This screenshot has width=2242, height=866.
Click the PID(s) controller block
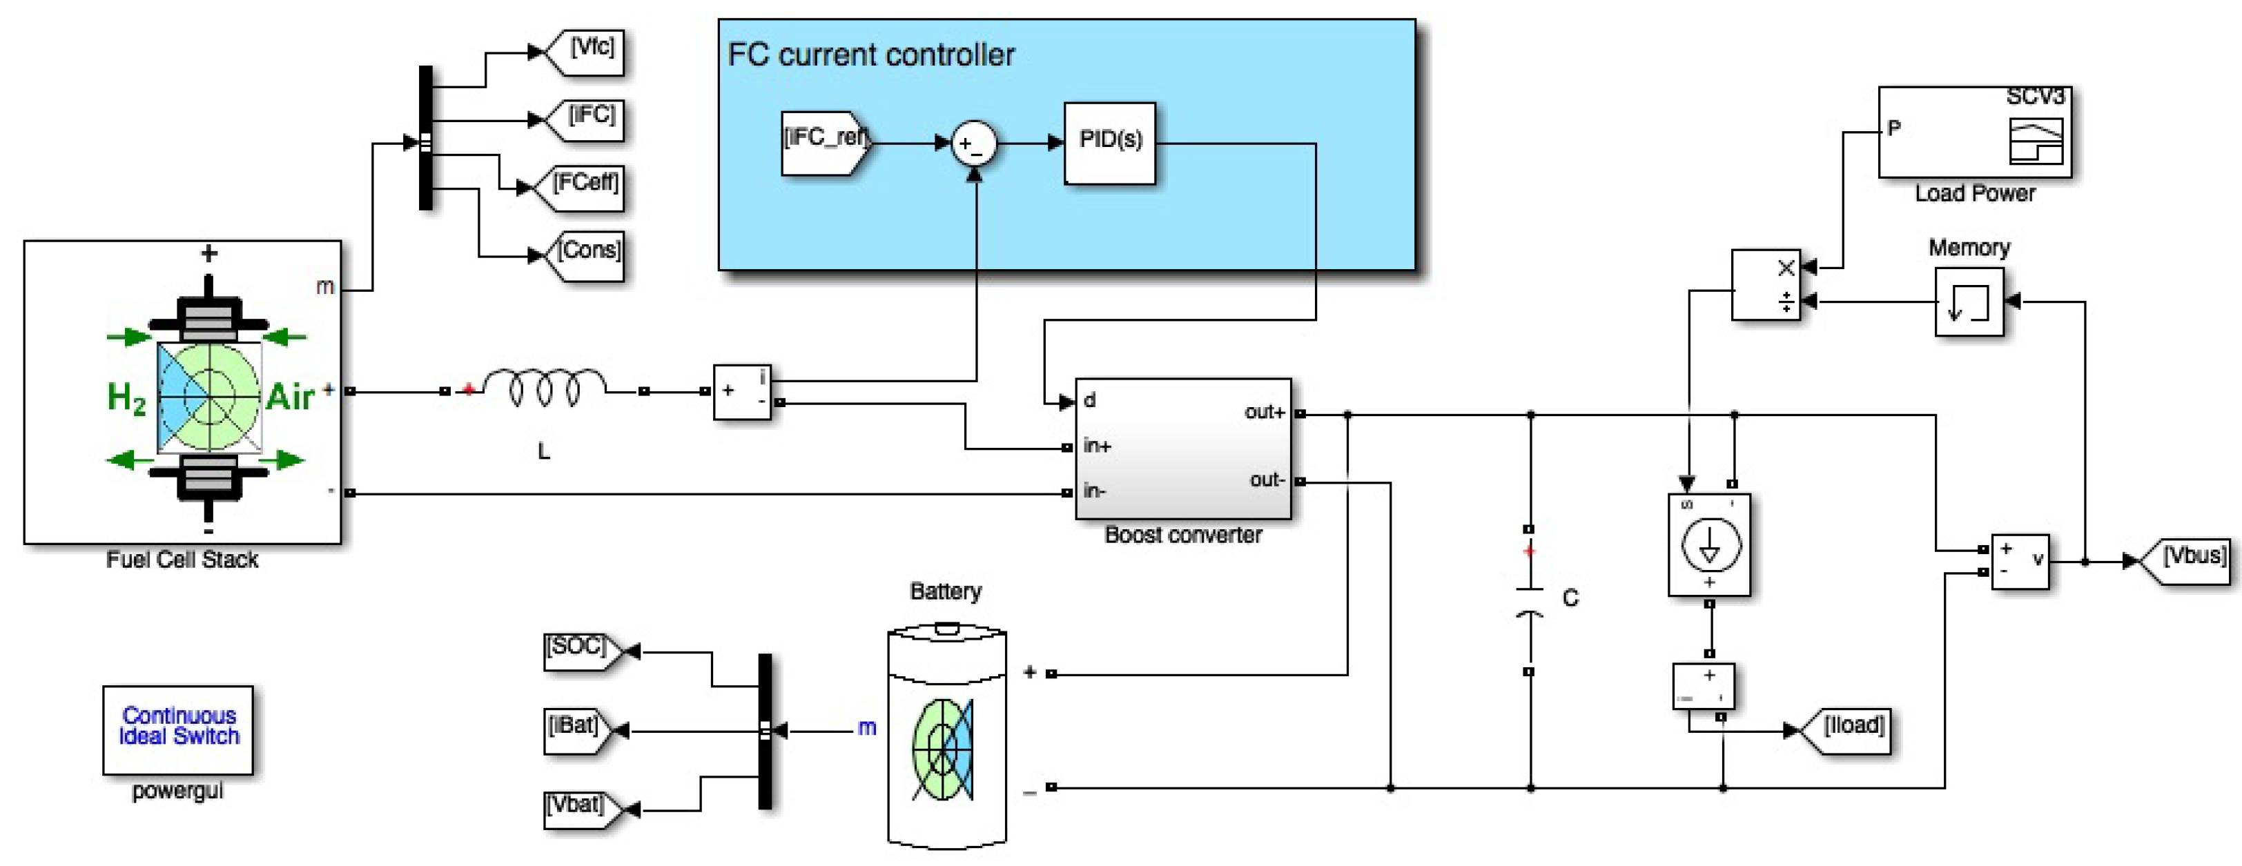1110,143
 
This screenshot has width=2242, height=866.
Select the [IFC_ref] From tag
823,143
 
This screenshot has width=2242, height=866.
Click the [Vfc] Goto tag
587,50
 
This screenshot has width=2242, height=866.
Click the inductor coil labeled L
545,388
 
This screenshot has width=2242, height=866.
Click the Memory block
1969,301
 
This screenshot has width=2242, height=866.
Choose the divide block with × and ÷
1765,284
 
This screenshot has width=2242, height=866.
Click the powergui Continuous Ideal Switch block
178,729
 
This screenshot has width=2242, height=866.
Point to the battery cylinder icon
947,736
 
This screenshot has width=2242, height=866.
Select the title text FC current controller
870,55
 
